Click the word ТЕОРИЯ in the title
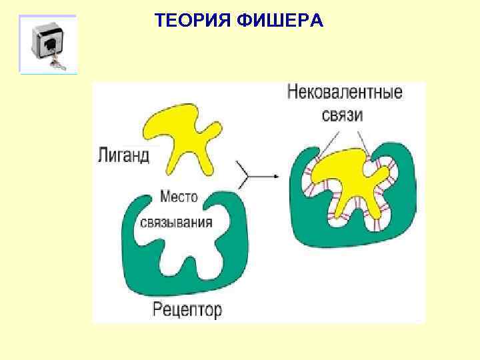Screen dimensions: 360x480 pos(191,21)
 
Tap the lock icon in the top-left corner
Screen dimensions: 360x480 pos(47,43)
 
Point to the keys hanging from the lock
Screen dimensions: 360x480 pos(56,65)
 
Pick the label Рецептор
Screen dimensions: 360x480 pos(187,309)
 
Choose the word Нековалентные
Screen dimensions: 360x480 pos(345,92)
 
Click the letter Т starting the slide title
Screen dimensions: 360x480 pos(159,21)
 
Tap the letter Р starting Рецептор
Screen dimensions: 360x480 pos(158,309)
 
